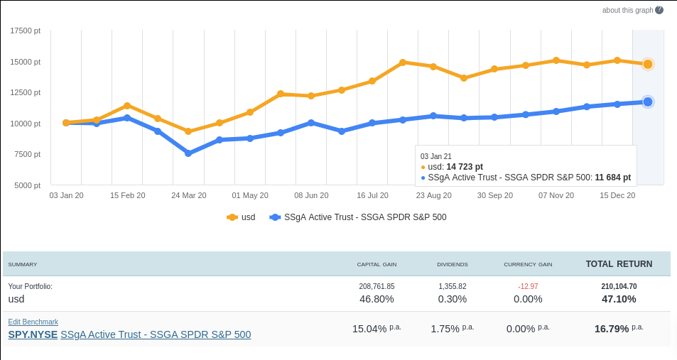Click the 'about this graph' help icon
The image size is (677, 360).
pyautogui.click(x=659, y=10)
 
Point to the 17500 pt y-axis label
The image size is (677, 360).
pyautogui.click(x=26, y=31)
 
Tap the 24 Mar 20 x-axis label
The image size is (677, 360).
pyautogui.click(x=188, y=195)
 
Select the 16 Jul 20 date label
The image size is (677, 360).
pyautogui.click(x=372, y=195)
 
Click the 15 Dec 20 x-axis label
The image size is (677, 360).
pyautogui.click(x=617, y=195)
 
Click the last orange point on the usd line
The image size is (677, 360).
pyautogui.click(x=648, y=64)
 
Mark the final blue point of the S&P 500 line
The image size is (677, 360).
pyautogui.click(x=648, y=102)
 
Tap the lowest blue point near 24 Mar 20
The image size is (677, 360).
pyautogui.click(x=188, y=153)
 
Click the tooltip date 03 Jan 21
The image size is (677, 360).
pyautogui.click(x=436, y=156)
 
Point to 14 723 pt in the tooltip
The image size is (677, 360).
pyautogui.click(x=465, y=167)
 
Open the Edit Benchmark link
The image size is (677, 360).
pyautogui.click(x=33, y=322)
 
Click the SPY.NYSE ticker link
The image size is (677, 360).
pyautogui.click(x=33, y=334)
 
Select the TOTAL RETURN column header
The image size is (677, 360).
pyautogui.click(x=619, y=264)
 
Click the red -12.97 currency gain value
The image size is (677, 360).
pyautogui.click(x=528, y=286)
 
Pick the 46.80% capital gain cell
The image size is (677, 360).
pyautogui.click(x=377, y=299)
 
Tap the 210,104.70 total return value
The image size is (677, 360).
pyautogui.click(x=619, y=286)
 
